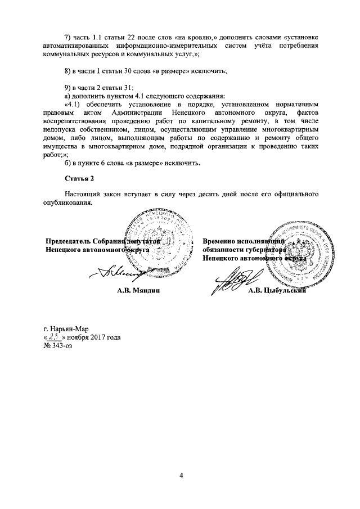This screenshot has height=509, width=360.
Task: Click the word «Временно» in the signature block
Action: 220,241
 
